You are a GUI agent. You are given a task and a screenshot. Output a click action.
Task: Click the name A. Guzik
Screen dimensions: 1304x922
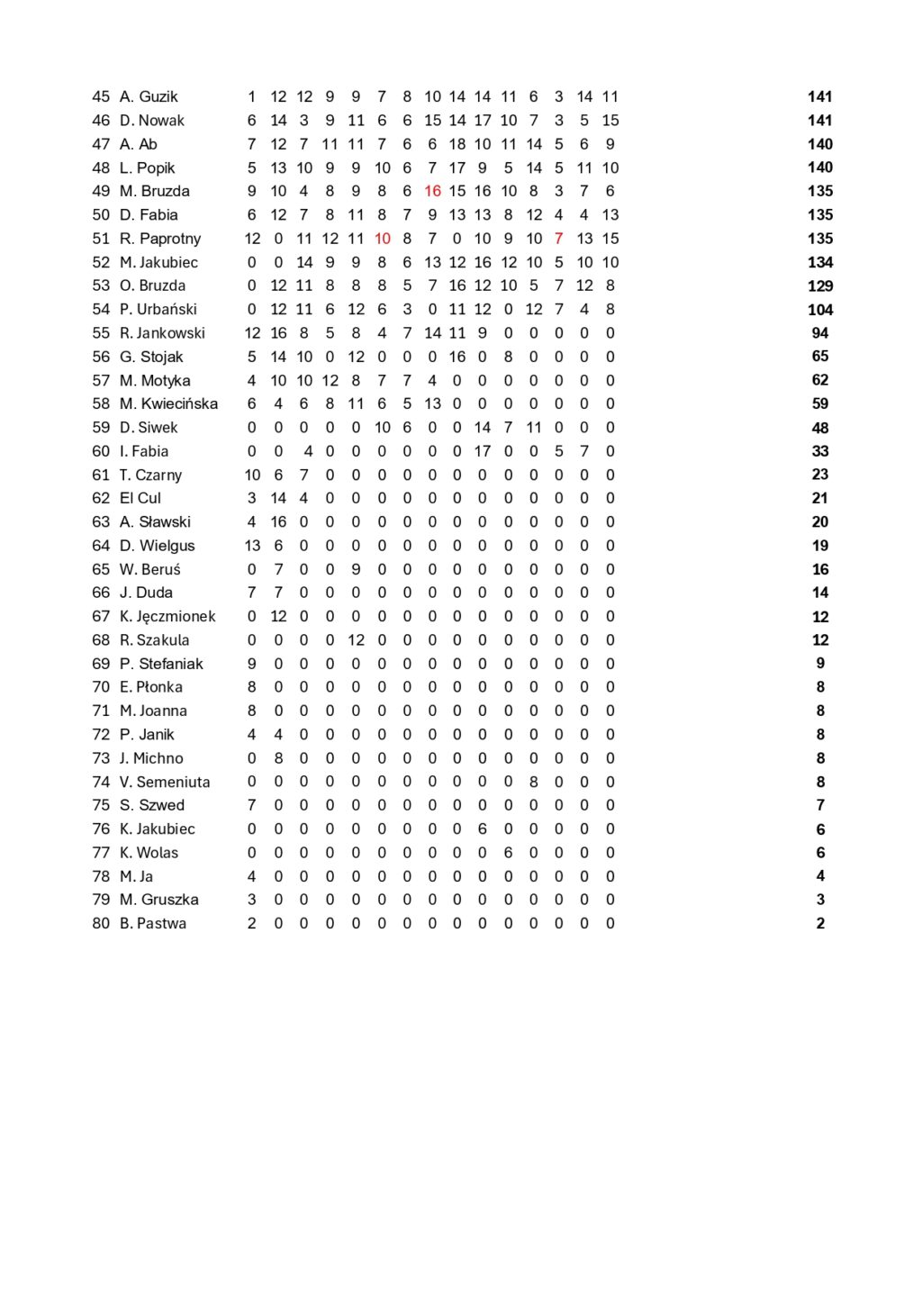149,96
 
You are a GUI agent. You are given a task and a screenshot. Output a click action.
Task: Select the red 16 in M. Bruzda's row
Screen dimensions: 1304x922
432,191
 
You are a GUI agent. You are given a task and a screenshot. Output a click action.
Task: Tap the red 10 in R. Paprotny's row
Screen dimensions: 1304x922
382,239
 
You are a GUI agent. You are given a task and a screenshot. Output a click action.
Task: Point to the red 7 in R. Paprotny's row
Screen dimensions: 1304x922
559,239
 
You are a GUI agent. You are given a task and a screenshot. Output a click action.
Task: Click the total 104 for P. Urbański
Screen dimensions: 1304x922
820,310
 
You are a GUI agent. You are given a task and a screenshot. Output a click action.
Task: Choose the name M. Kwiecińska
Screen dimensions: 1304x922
168,403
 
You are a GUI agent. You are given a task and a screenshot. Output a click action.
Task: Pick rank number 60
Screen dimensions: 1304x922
101,451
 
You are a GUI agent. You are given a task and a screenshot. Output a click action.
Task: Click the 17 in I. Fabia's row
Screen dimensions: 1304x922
483,451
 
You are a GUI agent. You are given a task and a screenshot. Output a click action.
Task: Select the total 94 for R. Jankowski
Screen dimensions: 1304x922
820,333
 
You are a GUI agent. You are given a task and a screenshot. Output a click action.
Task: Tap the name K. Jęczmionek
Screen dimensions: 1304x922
167,616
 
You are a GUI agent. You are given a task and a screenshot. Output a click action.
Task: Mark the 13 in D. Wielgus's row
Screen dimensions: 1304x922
252,546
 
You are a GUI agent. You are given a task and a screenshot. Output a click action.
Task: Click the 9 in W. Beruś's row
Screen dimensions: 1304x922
356,569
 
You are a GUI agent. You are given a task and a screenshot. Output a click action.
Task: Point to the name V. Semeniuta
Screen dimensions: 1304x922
165,782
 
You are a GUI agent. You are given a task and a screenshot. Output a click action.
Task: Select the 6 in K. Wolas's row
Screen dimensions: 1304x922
508,853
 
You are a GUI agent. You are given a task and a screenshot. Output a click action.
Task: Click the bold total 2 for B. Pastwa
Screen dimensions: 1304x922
820,923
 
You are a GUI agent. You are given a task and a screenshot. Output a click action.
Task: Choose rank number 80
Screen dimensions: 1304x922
101,923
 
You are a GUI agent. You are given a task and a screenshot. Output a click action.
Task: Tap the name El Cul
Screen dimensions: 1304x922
140,498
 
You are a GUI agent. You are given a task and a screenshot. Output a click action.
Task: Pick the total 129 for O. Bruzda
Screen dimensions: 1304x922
820,285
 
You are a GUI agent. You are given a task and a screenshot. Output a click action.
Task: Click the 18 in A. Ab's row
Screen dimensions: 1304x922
457,144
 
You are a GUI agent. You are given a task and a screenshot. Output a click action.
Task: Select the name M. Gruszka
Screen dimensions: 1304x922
159,900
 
